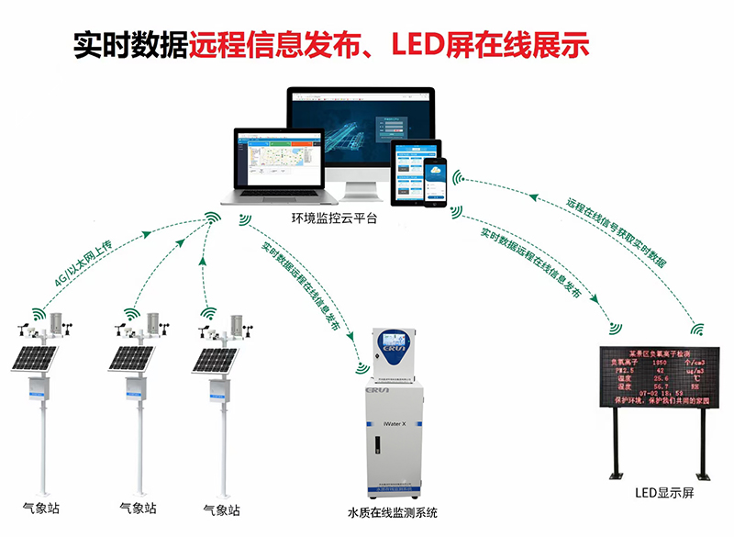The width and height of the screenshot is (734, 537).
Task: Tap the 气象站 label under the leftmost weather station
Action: [x=38, y=508]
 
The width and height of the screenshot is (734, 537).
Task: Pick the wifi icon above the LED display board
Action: [x=697, y=327]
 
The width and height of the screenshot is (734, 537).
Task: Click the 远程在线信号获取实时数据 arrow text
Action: [x=617, y=231]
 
